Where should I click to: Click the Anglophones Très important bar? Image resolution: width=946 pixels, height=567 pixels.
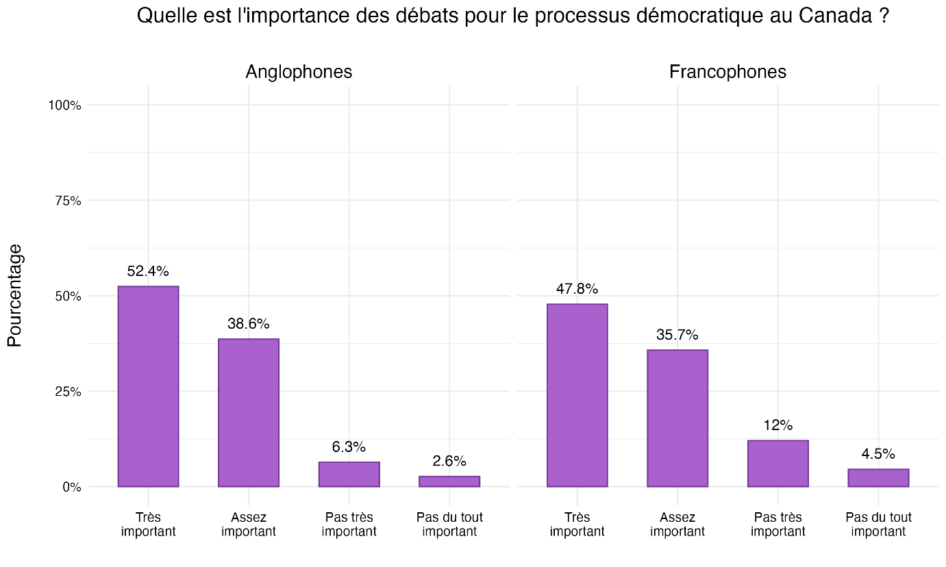click(148, 386)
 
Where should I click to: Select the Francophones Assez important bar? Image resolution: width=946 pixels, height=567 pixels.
click(677, 418)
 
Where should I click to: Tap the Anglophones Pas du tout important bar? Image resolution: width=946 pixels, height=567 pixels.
click(449, 481)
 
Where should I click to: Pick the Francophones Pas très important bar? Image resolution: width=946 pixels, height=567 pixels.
click(777, 464)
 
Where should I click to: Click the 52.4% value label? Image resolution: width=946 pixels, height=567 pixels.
click(148, 271)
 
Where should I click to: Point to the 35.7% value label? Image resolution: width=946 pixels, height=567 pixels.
click(677, 335)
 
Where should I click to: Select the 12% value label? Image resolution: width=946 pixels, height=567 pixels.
click(777, 425)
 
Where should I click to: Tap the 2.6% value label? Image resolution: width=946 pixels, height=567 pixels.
click(449, 461)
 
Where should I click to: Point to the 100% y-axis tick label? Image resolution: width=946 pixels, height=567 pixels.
click(66, 105)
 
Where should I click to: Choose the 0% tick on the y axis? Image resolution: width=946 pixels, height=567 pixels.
click(72, 488)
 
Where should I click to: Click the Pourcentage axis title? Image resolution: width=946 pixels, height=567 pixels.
click(15, 296)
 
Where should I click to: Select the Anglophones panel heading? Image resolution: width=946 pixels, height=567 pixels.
click(299, 71)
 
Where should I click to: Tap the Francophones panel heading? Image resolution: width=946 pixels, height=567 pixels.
click(727, 71)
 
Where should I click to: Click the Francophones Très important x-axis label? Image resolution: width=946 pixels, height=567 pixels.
click(577, 525)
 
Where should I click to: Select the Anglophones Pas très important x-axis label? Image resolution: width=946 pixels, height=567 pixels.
click(349, 525)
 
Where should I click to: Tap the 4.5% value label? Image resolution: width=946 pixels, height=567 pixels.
click(878, 454)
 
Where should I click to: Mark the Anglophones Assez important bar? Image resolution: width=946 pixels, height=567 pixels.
click(249, 413)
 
